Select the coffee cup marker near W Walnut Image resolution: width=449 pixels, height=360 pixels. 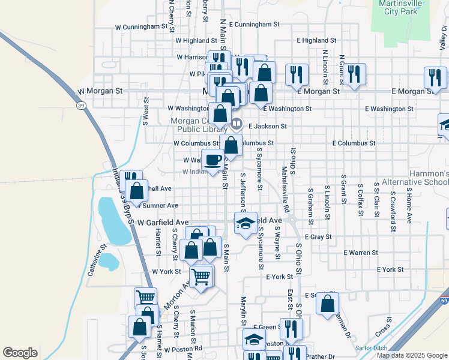[x=212, y=160]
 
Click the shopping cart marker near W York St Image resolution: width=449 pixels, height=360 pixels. [x=201, y=277]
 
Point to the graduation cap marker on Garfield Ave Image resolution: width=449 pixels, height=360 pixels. [x=245, y=224]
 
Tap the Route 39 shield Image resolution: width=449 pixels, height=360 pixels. [x=80, y=106]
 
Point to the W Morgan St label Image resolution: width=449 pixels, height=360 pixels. [x=100, y=91]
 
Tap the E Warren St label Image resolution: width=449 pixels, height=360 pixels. [x=361, y=253]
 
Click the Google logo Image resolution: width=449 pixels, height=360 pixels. [x=20, y=352]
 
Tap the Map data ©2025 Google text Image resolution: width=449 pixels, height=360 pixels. [x=412, y=355]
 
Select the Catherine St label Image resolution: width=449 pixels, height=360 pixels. [x=96, y=259]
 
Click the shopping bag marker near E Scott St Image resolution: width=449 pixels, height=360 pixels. [x=327, y=303]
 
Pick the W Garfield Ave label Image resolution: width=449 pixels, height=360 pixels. [x=159, y=222]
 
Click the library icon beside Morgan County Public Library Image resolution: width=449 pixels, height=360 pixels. [x=237, y=125]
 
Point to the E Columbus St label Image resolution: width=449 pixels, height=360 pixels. [x=354, y=143]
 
